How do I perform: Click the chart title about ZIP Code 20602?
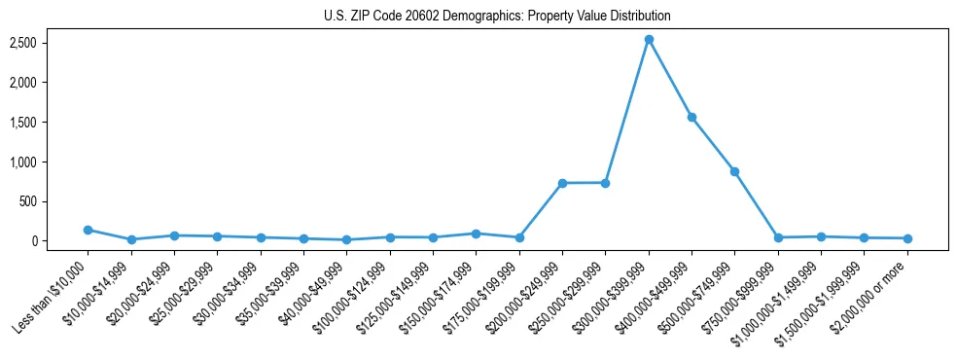tap(497, 17)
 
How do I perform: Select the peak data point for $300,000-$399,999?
tap(649, 40)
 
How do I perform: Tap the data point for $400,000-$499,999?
tap(691, 117)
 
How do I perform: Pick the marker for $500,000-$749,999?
tap(734, 171)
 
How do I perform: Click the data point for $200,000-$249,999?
tap(562, 183)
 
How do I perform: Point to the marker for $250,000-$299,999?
tap(605, 183)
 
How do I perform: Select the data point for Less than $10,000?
tap(88, 230)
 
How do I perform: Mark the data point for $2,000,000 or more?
tap(907, 238)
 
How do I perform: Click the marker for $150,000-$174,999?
tap(476, 234)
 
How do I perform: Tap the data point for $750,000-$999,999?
tap(778, 237)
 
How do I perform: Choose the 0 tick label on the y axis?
tap(60, 241)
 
